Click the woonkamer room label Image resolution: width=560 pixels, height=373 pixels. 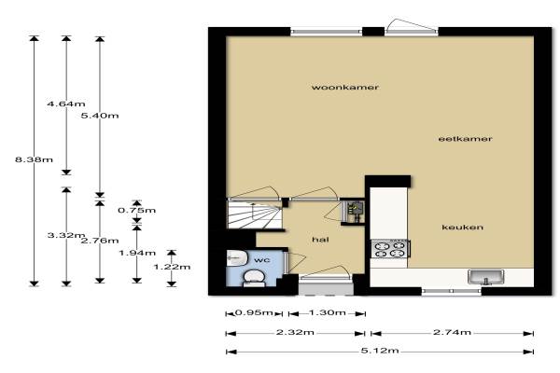tap(345, 88)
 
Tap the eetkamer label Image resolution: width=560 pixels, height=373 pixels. tap(465, 139)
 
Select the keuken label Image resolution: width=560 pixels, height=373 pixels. tap(463, 228)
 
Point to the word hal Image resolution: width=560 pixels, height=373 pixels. tap(320, 240)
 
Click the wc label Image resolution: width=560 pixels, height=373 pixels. tap(261, 260)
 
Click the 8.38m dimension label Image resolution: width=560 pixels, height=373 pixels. tap(34, 159)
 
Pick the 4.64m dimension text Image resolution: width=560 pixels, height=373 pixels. tap(66, 104)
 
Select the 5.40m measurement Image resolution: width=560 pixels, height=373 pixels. tap(100, 116)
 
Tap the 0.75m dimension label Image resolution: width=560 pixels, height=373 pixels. tap(137, 210)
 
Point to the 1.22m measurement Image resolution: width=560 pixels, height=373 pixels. tap(172, 267)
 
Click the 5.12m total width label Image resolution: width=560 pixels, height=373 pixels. tap(380, 351)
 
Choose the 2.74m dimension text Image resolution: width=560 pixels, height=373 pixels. tap(452, 332)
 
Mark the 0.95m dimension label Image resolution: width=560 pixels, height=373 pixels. tap(254, 312)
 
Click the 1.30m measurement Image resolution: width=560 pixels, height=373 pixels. tap(328, 312)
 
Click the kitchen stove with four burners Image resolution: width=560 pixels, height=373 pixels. tap(390, 249)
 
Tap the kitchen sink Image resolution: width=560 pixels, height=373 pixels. tap(486, 277)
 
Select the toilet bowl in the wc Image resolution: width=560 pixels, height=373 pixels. tap(254, 278)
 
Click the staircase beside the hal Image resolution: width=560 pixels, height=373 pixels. tap(255, 214)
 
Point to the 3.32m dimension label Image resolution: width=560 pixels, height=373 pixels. tap(65, 235)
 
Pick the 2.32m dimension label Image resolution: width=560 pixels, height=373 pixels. tap(295, 332)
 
